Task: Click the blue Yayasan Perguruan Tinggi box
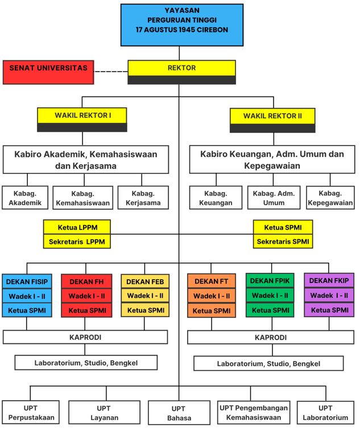(x=181, y=24)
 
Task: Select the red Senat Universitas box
(x=48, y=72)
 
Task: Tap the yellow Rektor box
(x=181, y=69)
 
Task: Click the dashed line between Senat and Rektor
(x=110, y=72)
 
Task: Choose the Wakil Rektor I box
(x=82, y=116)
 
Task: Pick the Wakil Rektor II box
(x=272, y=117)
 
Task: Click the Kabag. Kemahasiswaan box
(x=83, y=197)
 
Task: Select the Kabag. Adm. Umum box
(x=274, y=197)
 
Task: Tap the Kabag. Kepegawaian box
(x=330, y=197)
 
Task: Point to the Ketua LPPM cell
(x=77, y=227)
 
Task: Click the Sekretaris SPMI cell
(x=283, y=242)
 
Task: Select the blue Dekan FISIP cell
(x=27, y=281)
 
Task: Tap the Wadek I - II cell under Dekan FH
(x=86, y=296)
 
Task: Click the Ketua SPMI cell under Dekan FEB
(x=145, y=310)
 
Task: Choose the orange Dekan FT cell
(x=212, y=281)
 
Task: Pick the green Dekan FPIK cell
(x=270, y=281)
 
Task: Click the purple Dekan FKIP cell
(x=329, y=280)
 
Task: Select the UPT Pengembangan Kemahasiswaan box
(x=253, y=413)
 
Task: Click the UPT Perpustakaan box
(x=31, y=413)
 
